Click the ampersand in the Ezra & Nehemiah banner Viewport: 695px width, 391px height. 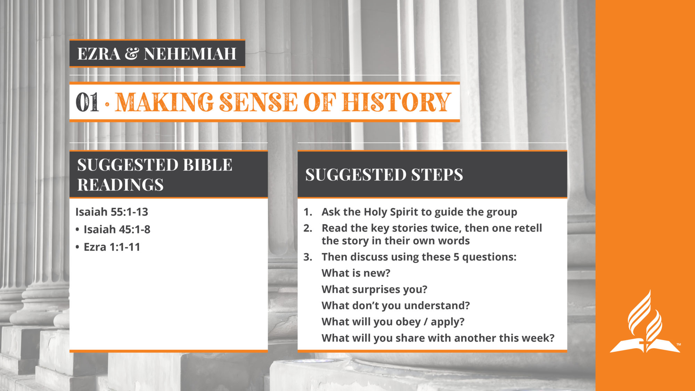tap(132, 54)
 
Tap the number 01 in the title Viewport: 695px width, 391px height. tap(87, 102)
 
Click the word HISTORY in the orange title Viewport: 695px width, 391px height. tap(396, 102)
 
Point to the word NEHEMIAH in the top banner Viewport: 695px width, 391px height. tap(190, 54)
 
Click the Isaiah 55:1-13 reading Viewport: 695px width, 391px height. tap(112, 212)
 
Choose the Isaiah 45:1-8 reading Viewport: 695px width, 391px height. tap(117, 229)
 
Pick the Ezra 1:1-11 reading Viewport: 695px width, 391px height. tap(112, 247)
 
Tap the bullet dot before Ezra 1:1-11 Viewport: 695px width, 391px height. tap(77, 247)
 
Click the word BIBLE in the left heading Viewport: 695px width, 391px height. tap(208, 165)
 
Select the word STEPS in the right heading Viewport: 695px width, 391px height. tap(437, 174)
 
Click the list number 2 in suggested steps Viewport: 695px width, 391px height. tap(308, 228)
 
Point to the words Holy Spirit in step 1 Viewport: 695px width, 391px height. tap(392, 212)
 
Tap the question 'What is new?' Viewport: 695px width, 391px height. tap(356, 273)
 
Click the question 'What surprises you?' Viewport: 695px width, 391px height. tap(374, 290)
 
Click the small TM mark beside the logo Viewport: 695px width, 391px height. tap(679, 344)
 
